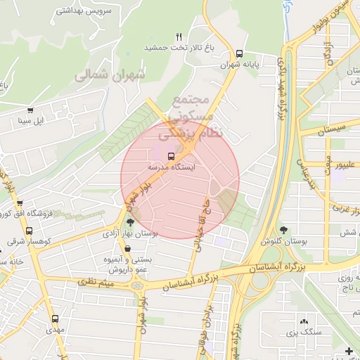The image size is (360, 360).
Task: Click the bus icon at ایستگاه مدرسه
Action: [172, 155]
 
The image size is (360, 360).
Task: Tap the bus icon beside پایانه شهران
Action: [239, 53]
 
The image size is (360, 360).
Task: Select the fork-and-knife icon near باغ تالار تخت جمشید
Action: [179, 36]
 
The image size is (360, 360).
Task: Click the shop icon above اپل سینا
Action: [30, 110]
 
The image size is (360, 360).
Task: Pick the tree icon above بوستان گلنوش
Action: [283, 229]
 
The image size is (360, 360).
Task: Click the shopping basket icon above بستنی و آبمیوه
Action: [127, 248]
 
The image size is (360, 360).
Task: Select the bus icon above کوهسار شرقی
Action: [29, 230]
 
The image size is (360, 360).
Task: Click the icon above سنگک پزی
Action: [304, 320]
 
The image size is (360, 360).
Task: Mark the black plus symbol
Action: [349, 351]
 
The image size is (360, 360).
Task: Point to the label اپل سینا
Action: [30, 121]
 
